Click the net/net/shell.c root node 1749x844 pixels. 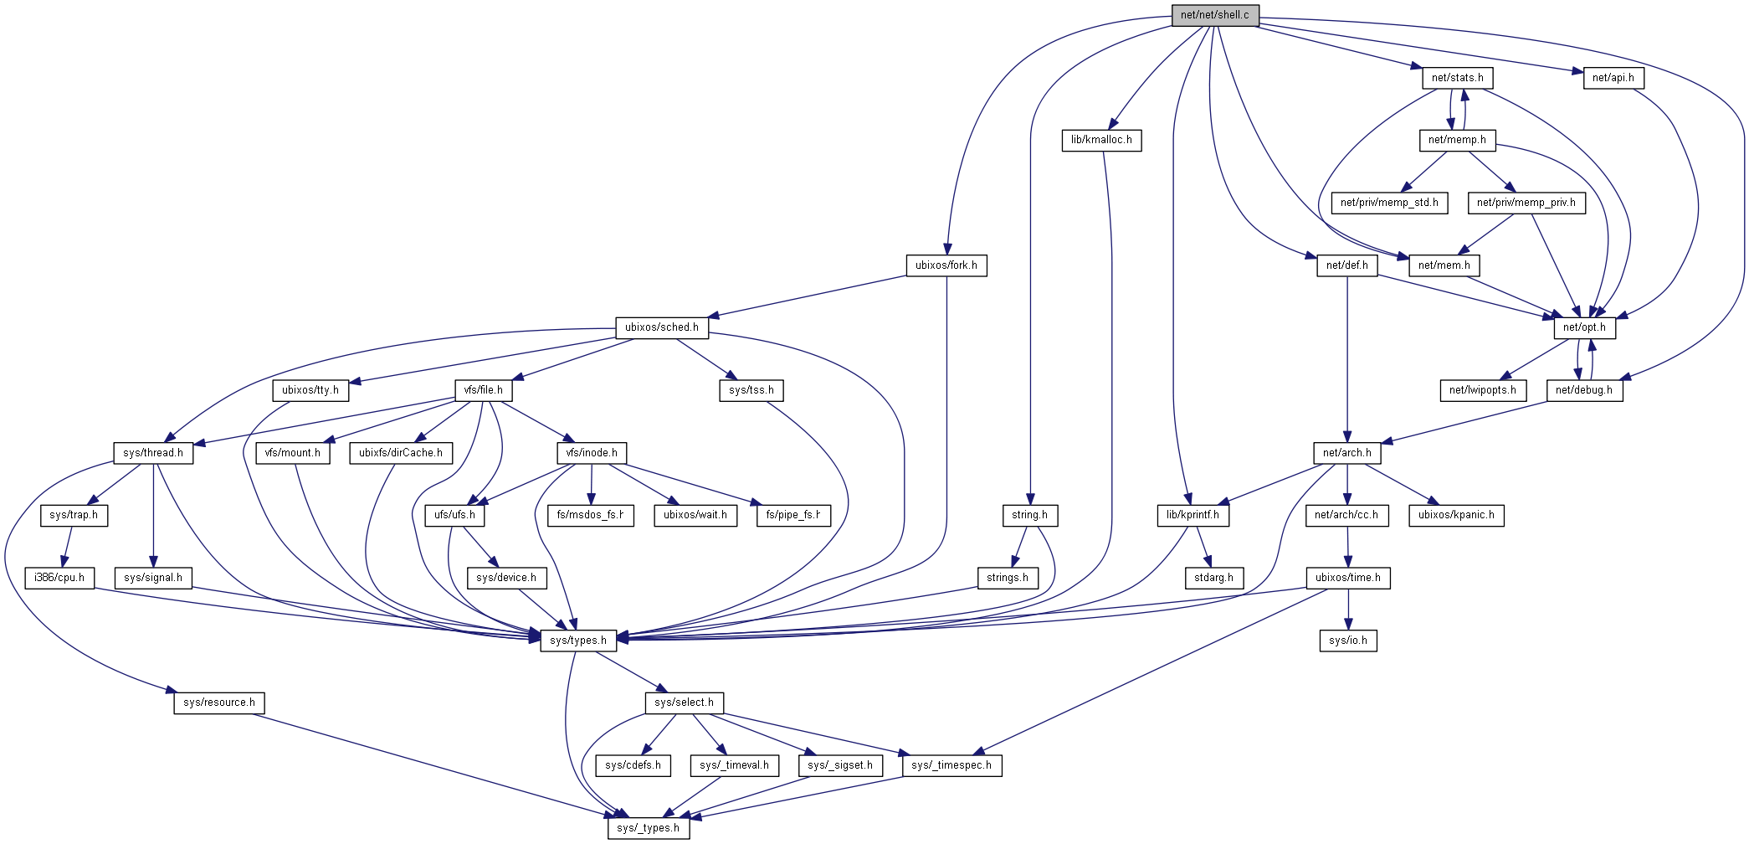pos(1214,15)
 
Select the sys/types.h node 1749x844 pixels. pos(578,641)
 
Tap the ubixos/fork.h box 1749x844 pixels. pos(946,265)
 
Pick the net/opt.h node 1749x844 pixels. pos(1584,327)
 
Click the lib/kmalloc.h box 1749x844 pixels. pos(1101,140)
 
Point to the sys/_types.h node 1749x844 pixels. pos(648,828)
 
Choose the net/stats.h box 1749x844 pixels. pos(1457,78)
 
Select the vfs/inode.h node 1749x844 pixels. pos(592,453)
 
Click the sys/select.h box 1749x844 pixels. pos(684,702)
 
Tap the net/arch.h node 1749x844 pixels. pos(1346,453)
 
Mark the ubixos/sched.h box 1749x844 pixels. pos(661,327)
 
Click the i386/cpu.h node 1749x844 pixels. pos(59,578)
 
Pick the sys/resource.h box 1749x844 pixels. pos(219,702)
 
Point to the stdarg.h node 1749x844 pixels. pos(1213,578)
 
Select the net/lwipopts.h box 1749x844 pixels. pos(1483,390)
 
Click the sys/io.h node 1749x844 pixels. pos(1347,641)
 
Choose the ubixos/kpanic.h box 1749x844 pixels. pos(1456,515)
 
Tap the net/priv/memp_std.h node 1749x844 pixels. pos(1389,203)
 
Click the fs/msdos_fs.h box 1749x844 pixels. pos(590,515)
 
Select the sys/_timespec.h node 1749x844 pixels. pos(951,765)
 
